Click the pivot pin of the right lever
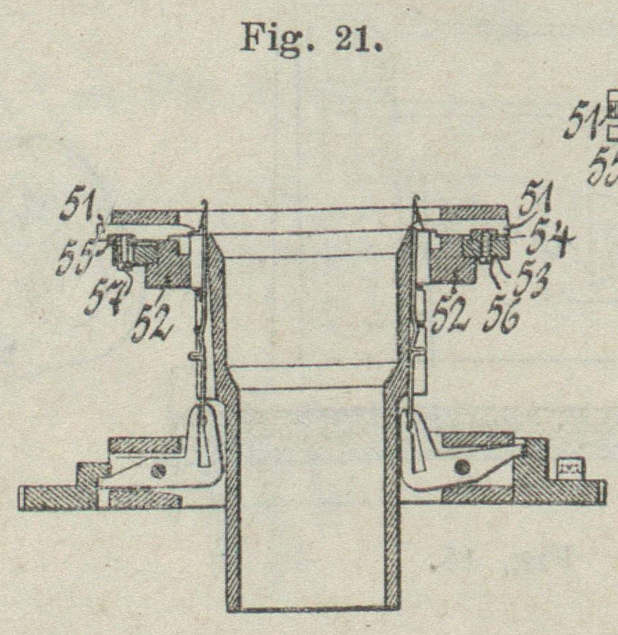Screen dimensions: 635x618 click(461, 465)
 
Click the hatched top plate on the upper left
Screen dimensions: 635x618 click(144, 216)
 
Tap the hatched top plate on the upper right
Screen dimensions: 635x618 click(474, 213)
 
